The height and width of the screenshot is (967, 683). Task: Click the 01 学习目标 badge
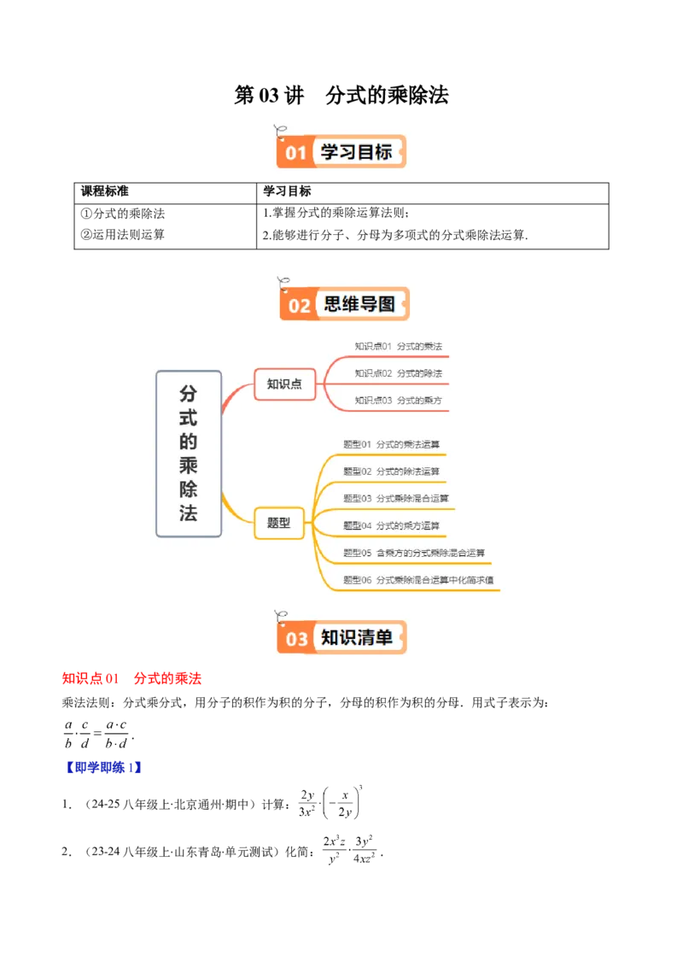tap(341, 152)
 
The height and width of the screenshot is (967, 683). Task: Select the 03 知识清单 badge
tap(341, 637)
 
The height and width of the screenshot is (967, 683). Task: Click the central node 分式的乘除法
tap(189, 454)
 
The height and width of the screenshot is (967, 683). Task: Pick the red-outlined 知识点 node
tap(284, 384)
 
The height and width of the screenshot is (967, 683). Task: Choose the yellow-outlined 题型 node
tap(279, 523)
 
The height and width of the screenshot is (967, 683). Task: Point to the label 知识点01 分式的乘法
tap(399, 346)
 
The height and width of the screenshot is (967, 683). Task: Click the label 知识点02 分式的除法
tap(399, 373)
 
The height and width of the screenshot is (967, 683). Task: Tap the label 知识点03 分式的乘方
tap(399, 401)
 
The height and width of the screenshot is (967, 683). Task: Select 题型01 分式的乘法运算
tap(392, 444)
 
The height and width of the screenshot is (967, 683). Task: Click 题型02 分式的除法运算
tap(392, 472)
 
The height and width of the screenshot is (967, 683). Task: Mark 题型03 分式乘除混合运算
tap(396, 498)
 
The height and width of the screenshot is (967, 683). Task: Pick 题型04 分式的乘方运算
tap(392, 525)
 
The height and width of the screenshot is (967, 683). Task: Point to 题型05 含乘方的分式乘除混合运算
tap(414, 553)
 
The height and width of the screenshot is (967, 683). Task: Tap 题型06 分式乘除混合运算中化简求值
tap(418, 580)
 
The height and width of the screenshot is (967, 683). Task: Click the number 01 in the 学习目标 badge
tap(295, 154)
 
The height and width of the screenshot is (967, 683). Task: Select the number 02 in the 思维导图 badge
tap(299, 306)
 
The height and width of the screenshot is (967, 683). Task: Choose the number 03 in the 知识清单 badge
tap(296, 639)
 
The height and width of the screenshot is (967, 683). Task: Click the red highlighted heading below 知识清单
tap(132, 679)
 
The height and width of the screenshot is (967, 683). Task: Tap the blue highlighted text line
tap(103, 768)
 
